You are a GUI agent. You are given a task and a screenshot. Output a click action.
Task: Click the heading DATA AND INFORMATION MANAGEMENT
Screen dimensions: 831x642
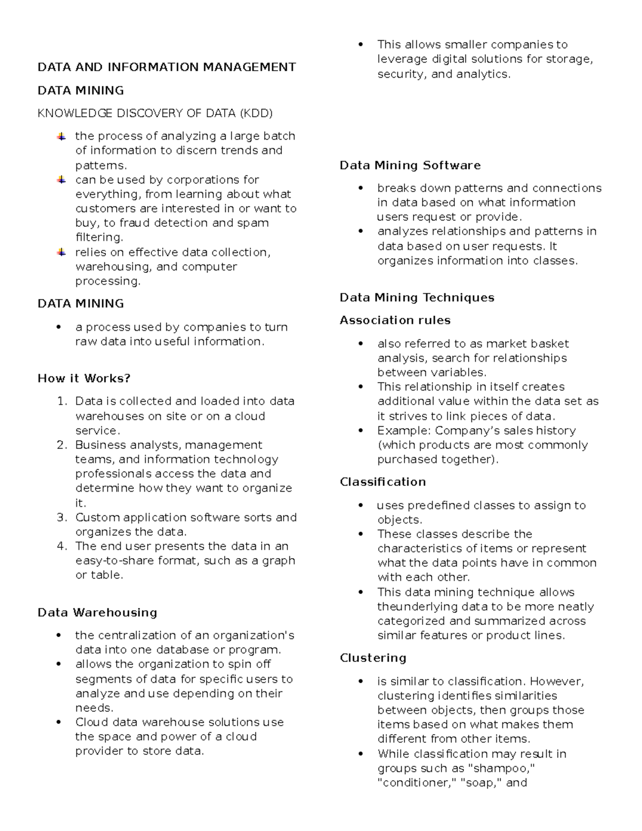point(166,67)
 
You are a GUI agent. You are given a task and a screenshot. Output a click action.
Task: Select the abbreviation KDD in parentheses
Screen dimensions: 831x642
point(256,113)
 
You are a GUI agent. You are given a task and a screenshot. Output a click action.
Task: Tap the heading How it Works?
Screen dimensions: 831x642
point(84,378)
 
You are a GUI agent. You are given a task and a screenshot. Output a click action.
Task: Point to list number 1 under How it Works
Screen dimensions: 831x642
point(62,401)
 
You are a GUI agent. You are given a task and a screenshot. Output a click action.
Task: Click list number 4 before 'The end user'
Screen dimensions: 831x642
point(62,546)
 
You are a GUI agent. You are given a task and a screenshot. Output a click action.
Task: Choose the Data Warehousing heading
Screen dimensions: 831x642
point(97,612)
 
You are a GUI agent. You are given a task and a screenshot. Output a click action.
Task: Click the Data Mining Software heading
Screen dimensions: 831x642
point(410,165)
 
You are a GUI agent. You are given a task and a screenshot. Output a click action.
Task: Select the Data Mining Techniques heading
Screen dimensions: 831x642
point(417,298)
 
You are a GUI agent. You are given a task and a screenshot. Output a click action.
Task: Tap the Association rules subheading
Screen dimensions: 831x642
point(395,320)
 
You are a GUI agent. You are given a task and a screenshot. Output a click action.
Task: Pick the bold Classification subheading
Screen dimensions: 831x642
point(383,482)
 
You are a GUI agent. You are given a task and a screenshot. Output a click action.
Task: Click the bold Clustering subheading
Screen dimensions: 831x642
point(373,658)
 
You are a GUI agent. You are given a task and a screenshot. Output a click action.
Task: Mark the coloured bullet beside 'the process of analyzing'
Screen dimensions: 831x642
point(62,136)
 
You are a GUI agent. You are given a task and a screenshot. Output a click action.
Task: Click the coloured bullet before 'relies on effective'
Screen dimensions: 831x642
point(62,252)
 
